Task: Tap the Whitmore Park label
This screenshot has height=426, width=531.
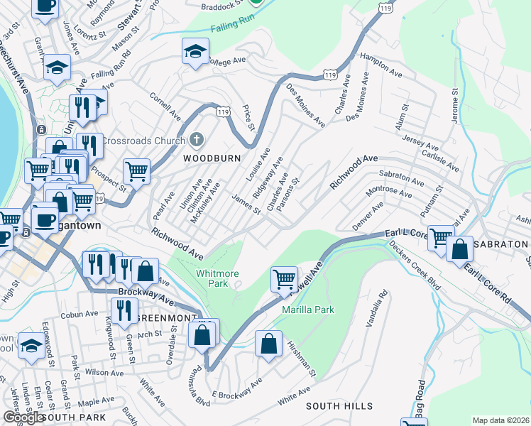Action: click(x=217, y=278)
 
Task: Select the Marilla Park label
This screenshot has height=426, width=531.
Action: click(x=307, y=310)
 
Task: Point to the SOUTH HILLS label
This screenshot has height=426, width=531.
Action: click(x=339, y=406)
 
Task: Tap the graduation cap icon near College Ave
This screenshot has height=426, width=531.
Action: click(x=195, y=52)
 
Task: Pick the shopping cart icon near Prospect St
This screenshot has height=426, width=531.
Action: click(x=136, y=170)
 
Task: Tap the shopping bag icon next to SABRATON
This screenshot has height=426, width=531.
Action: click(x=459, y=249)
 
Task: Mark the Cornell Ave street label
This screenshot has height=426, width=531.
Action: click(x=165, y=105)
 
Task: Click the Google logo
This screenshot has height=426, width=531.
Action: click(x=23, y=417)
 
